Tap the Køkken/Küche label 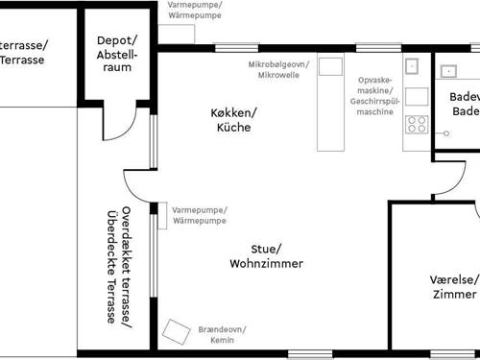pos(235,120)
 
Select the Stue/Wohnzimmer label pos(267,255)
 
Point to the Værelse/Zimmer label pos(453,287)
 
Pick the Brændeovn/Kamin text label pos(223,333)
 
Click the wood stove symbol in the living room pos(177,331)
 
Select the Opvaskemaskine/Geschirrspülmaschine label pos(373,96)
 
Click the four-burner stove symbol pos(417,123)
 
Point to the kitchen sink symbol pos(414,67)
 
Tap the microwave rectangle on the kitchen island pos(330,67)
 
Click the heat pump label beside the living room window pos(200,216)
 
